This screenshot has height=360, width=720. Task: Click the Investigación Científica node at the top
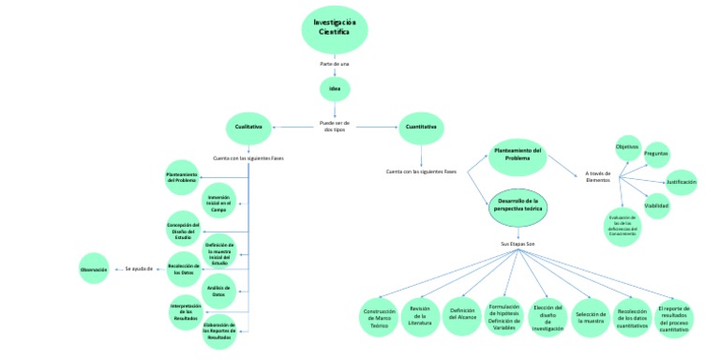[x=334, y=28]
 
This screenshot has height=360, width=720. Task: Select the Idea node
[x=334, y=88]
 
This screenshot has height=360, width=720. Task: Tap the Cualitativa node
[x=248, y=127]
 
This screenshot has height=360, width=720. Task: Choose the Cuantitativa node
[x=421, y=127]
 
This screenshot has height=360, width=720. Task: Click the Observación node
[x=93, y=269]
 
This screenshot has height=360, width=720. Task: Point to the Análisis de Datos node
[x=218, y=291]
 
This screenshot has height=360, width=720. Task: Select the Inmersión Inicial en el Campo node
[x=218, y=202]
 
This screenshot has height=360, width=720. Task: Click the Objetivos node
[x=627, y=147]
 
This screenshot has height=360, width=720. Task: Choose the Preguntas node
[x=655, y=157]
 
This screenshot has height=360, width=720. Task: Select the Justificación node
[x=681, y=181]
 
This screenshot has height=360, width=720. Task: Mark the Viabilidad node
[x=656, y=204]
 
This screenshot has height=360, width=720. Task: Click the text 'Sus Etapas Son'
[x=517, y=244]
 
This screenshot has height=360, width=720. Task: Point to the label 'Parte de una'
[x=334, y=63]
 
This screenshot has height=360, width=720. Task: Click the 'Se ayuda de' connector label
[x=139, y=269]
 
